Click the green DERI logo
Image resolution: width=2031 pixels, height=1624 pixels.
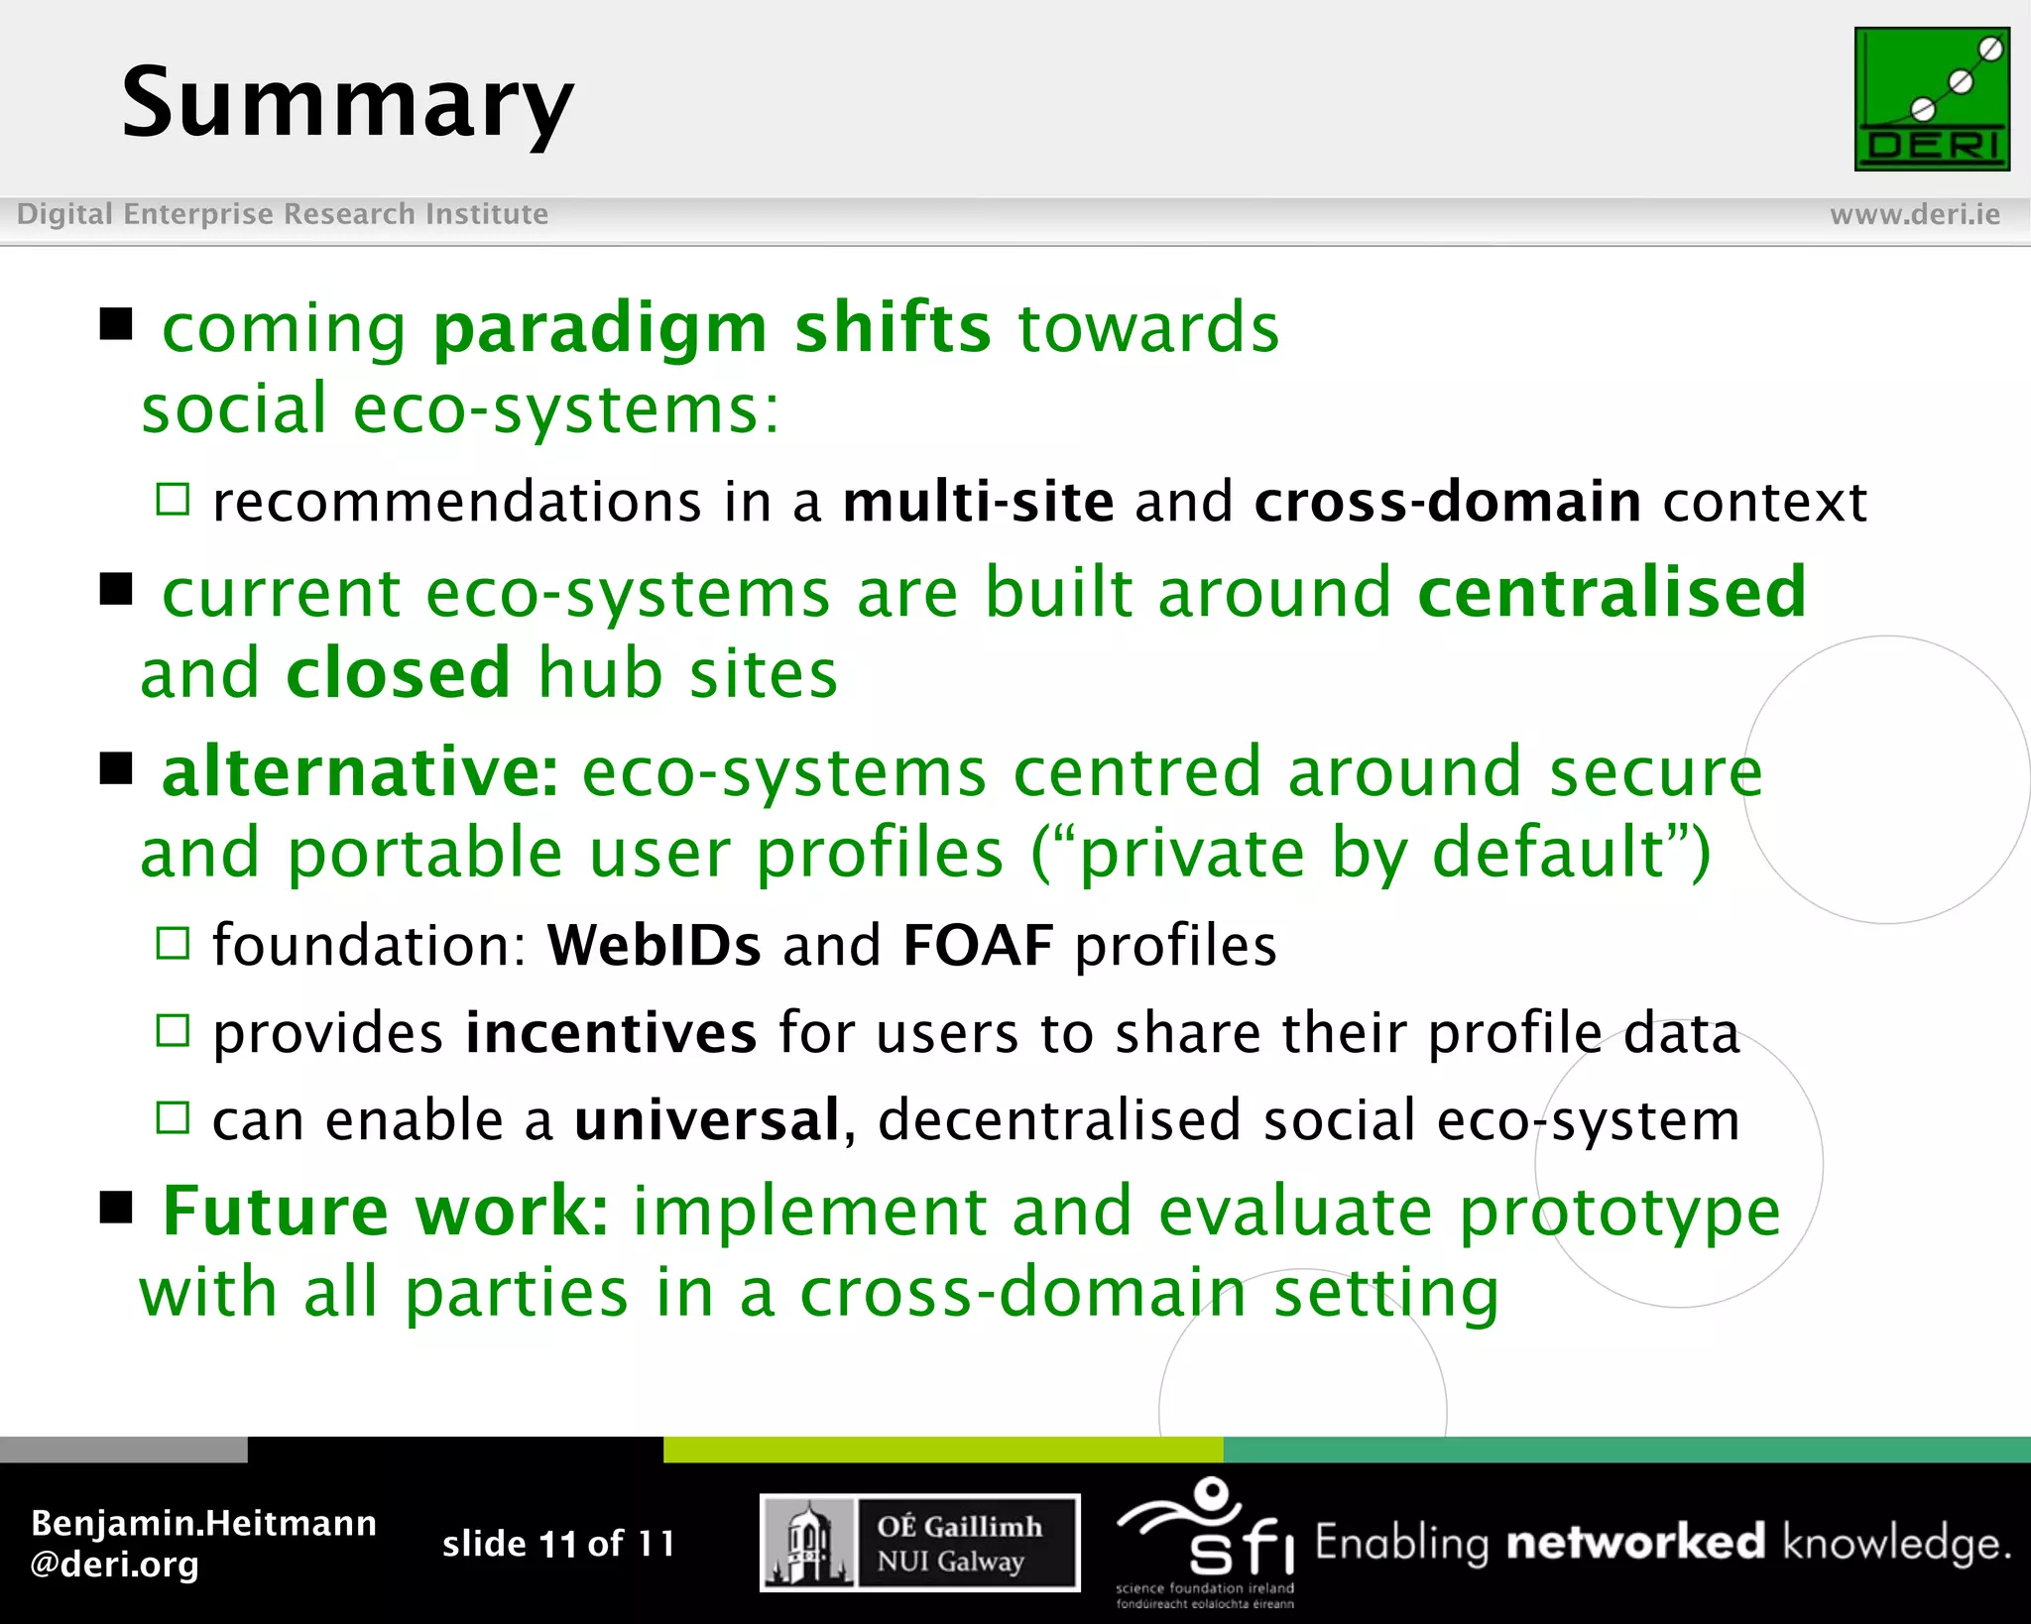[1931, 99]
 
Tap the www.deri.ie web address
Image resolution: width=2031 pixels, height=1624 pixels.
[1914, 214]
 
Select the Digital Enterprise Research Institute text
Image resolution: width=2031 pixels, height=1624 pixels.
[283, 214]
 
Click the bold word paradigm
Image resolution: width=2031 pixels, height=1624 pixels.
[600, 329]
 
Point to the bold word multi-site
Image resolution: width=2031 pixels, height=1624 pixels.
[978, 502]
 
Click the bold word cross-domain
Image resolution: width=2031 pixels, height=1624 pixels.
[1447, 502]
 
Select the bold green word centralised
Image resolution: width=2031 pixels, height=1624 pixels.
[1612, 593]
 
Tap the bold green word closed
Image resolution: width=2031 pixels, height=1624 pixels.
[399, 674]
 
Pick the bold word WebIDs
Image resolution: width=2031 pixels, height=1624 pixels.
[654, 945]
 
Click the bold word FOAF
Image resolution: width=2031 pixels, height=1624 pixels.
[978, 945]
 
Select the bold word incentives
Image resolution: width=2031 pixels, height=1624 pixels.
[611, 1033]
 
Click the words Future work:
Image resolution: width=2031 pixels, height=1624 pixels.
[385, 1212]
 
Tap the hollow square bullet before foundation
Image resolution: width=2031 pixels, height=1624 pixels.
[173, 943]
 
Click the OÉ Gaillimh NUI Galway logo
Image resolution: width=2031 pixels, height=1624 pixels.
[919, 1543]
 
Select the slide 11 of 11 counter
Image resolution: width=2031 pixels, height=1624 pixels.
[558, 1544]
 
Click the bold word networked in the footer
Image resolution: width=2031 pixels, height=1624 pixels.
[1635, 1543]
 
